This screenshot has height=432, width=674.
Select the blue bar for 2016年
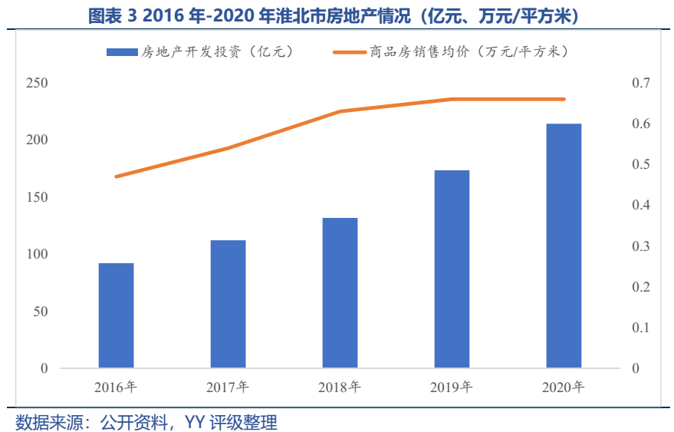(x=116, y=315)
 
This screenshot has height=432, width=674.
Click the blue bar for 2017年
(x=228, y=304)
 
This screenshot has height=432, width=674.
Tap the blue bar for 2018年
(x=340, y=292)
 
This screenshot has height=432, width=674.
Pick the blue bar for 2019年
(x=452, y=269)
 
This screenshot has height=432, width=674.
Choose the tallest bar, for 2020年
(x=564, y=246)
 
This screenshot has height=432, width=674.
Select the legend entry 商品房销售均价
(x=452, y=52)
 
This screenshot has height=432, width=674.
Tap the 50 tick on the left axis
(x=39, y=312)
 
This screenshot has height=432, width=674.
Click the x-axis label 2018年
(x=340, y=386)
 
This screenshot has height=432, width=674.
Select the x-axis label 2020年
(x=564, y=386)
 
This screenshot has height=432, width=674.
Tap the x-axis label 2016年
(x=116, y=386)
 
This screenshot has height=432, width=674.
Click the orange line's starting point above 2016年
(x=116, y=176)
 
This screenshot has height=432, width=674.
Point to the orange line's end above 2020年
(x=564, y=99)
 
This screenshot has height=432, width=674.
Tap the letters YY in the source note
(x=196, y=422)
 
